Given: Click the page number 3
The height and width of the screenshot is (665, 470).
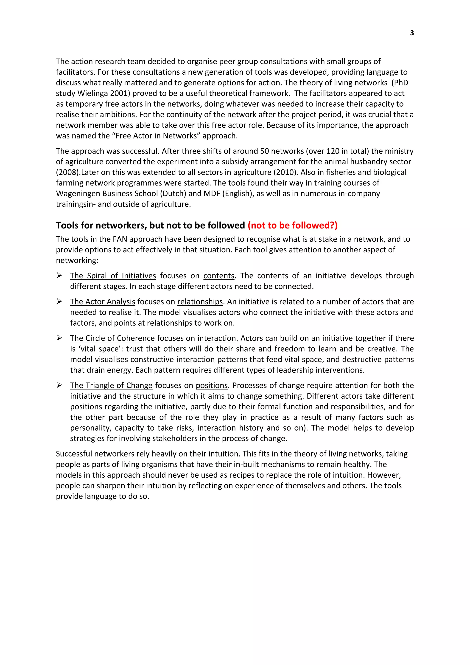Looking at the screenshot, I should coord(412,33).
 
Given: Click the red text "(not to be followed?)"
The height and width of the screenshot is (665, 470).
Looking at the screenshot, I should coord(293,225).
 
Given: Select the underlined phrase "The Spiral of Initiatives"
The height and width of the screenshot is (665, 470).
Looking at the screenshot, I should coord(113,276).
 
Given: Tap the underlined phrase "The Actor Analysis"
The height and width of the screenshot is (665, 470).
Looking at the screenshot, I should coord(102,302).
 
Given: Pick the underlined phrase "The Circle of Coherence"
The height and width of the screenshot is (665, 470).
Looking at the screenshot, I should coord(112,338).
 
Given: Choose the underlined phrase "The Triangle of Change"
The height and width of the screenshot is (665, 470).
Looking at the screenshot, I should coord(111,386).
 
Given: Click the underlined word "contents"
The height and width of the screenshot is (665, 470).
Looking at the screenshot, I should coord(219,276).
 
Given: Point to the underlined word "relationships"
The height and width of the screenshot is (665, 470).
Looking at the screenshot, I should coord(200,302).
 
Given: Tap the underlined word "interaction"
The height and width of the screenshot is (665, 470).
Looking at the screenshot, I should coord(216,338).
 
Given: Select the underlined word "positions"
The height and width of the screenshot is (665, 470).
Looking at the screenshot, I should coord(212,386).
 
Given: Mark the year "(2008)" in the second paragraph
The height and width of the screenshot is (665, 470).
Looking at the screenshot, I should coord(68,172).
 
